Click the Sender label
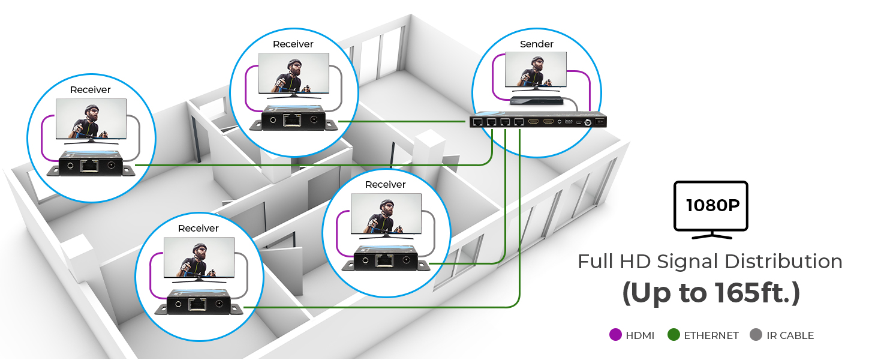[537, 44]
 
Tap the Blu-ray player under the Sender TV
[537, 100]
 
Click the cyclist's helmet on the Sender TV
[537, 61]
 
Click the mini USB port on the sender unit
[579, 122]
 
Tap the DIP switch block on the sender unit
[569, 122]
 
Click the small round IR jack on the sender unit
[560, 122]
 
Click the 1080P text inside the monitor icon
[712, 205]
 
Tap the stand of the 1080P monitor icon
[711, 235]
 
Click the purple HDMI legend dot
[615, 335]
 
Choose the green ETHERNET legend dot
[673, 335]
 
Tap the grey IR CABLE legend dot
[756, 335]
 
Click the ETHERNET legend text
[711, 335]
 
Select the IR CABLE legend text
[790, 335]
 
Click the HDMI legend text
[640, 335]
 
